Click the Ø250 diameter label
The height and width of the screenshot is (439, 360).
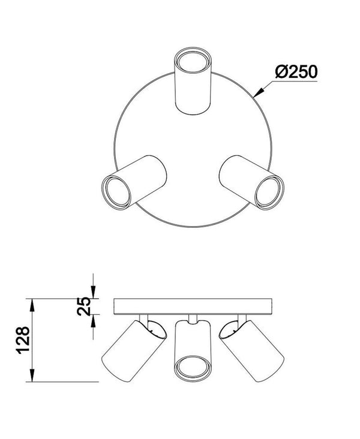coord(296,72)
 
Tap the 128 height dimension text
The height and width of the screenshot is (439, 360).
coord(24,340)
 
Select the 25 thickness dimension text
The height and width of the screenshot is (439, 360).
coord(84,306)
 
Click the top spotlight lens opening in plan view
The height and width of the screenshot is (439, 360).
coord(192,61)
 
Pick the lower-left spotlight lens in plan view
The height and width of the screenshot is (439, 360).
coord(116,193)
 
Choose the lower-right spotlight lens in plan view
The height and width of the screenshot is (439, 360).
coord(268,193)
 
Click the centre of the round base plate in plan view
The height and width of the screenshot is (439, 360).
coord(193,148)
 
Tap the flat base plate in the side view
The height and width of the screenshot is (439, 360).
coord(193,306)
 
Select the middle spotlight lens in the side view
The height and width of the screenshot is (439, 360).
coord(192,368)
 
